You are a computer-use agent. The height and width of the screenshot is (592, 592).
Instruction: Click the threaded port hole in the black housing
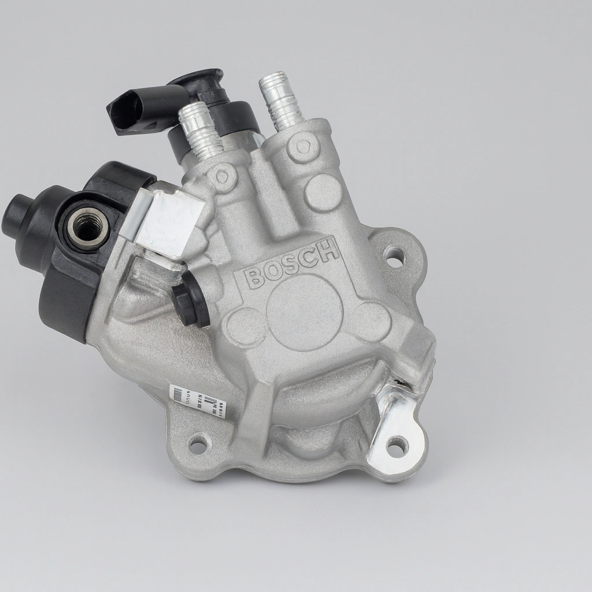click(x=88, y=225)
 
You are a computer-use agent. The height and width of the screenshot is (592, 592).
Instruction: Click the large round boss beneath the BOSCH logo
click(x=305, y=312)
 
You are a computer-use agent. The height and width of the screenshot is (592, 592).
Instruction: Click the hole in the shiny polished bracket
click(x=397, y=445)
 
